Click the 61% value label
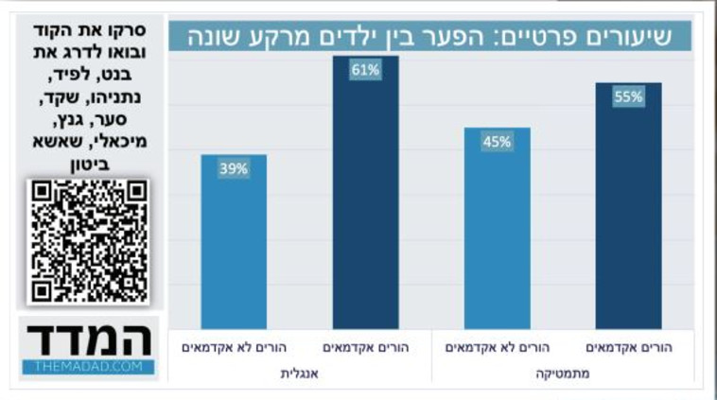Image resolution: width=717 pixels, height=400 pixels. click(x=366, y=70)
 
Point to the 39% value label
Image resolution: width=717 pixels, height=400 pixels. click(x=234, y=169)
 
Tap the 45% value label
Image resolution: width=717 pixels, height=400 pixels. click(x=498, y=142)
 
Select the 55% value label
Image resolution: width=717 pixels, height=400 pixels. click(x=628, y=96)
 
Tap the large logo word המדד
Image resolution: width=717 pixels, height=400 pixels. click(x=89, y=338)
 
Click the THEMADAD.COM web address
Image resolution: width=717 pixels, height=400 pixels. click(x=89, y=366)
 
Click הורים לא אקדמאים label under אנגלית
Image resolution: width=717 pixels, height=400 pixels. click(x=234, y=348)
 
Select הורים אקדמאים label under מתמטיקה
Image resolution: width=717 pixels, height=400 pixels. click(x=628, y=348)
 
